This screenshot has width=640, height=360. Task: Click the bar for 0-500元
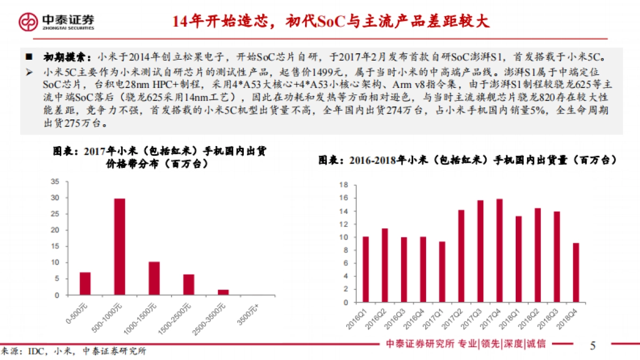pyautogui.click(x=85, y=283)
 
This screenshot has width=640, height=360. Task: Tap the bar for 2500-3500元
pyautogui.click(x=223, y=292)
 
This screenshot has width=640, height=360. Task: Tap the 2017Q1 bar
pyautogui.click(x=442, y=272)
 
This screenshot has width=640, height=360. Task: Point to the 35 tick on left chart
pyautogui.click(x=55, y=182)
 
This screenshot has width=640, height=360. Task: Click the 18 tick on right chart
pyautogui.click(x=344, y=185)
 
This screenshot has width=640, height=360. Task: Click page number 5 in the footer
pyautogui.click(x=593, y=346)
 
